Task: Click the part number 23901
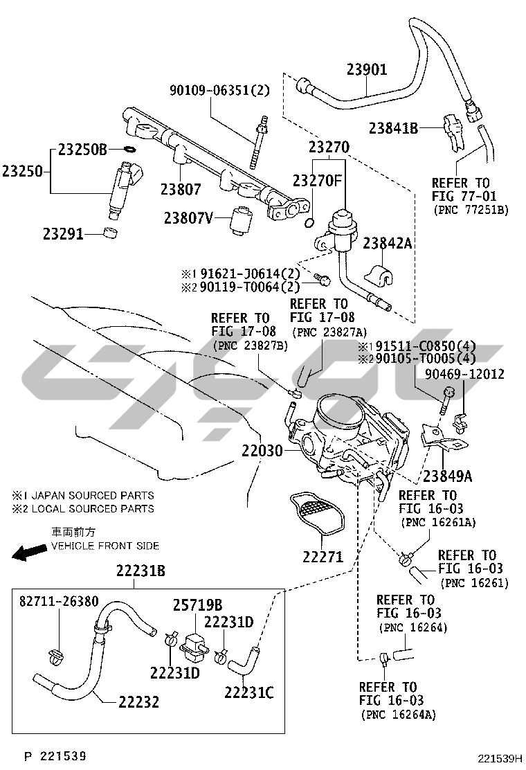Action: tap(367, 69)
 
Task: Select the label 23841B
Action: tap(393, 127)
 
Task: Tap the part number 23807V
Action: tap(188, 218)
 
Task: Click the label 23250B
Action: tap(82, 149)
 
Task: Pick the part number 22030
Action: tap(262, 451)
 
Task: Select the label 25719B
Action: tap(197, 605)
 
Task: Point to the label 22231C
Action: tap(249, 691)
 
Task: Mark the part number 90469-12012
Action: tap(465, 375)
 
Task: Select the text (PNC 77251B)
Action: tap(471, 210)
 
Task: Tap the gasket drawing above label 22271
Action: tap(318, 515)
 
